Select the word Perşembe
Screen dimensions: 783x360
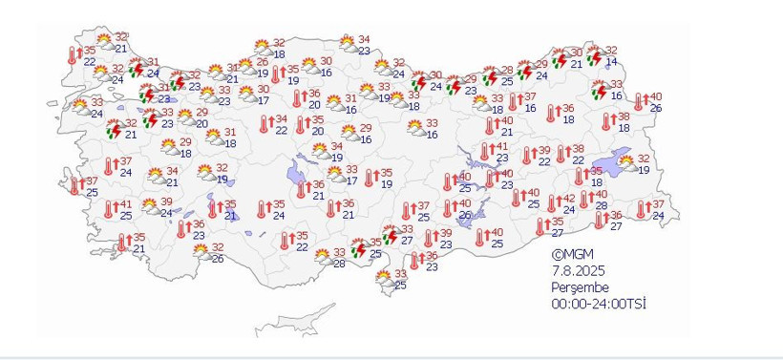pyautogui.click(x=580, y=287)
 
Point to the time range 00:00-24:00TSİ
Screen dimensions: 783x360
pyautogui.click(x=604, y=304)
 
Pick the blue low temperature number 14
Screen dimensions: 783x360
pyautogui.click(x=611, y=62)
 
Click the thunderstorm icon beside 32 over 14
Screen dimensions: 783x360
pyautogui.click(x=594, y=57)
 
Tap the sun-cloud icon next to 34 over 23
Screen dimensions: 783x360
pyautogui.click(x=348, y=45)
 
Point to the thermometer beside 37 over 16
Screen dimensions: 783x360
pyautogui.click(x=514, y=102)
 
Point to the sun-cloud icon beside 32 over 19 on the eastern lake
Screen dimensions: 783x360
pyautogui.click(x=627, y=164)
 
